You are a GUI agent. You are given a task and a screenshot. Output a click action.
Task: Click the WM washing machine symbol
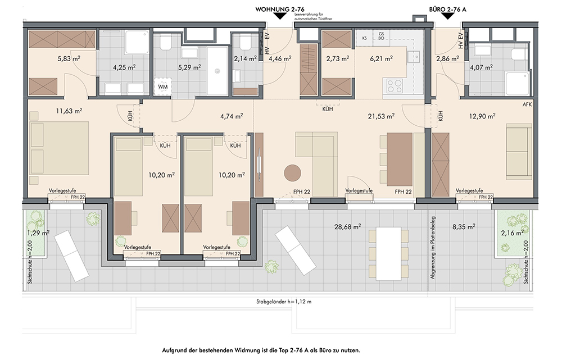pyautogui.click(x=163, y=86)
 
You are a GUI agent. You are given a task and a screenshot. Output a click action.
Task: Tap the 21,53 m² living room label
pyautogui.click(x=381, y=116)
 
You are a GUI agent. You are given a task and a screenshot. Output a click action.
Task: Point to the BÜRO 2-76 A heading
pyautogui.click(x=448, y=10)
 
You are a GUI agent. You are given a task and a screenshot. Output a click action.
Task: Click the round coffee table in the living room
pyautogui.click(x=292, y=173)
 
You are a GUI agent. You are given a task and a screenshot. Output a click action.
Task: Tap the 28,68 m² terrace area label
pyautogui.click(x=347, y=226)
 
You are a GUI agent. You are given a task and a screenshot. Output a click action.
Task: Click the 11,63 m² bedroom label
pyautogui.click(x=69, y=111)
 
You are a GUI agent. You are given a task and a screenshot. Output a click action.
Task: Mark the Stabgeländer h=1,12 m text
pyautogui.click(x=284, y=302)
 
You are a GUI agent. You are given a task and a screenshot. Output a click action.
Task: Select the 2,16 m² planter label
pyautogui.click(x=513, y=233)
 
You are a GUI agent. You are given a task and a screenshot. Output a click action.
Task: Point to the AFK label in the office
pyautogui.click(x=527, y=104)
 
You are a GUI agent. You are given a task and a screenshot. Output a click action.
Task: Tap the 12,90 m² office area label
pyautogui.click(x=482, y=116)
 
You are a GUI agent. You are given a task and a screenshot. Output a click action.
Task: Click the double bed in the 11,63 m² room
pyautogui.click(x=60, y=148)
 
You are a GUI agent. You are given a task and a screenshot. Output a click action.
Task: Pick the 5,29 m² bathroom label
pyautogui.click(x=189, y=67)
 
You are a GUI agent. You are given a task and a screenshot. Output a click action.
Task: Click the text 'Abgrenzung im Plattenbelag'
pyautogui.click(x=433, y=248)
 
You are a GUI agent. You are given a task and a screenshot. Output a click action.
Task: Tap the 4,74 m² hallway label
pyautogui.click(x=232, y=116)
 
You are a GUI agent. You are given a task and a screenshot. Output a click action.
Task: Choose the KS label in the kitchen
pyautogui.click(x=365, y=38)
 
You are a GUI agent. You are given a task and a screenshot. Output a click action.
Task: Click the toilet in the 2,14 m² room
pyautogui.click(x=245, y=43)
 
